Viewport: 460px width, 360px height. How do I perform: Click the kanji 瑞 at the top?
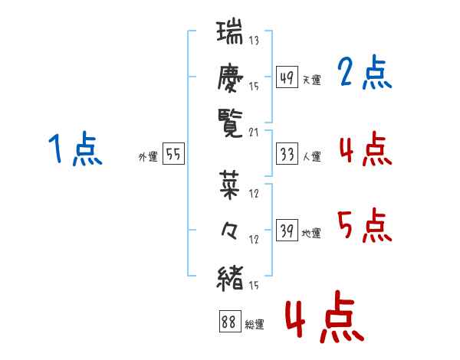tap(230, 34)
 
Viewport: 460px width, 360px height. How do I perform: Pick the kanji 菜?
tap(230, 184)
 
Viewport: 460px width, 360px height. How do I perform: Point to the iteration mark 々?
tap(230, 228)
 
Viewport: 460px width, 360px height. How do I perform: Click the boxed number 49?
tap(287, 77)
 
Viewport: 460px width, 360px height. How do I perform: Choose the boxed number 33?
tap(287, 155)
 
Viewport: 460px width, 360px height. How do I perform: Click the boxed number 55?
tap(174, 155)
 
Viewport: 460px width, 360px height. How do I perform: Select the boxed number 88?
tap(228, 322)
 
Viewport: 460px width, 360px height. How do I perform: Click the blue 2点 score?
tap(364, 74)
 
